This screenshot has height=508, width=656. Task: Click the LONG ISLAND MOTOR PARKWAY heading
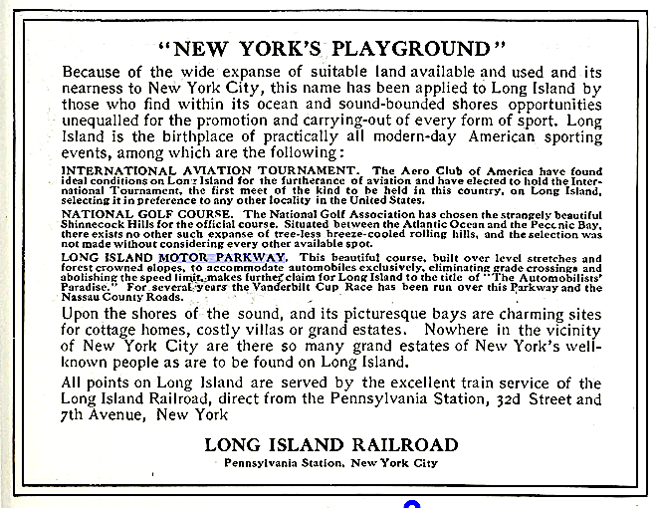click(x=174, y=257)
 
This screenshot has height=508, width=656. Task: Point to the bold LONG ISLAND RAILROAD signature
click(x=331, y=444)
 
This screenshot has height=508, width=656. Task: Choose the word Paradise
click(x=92, y=288)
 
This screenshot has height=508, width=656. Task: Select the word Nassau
click(x=84, y=297)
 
